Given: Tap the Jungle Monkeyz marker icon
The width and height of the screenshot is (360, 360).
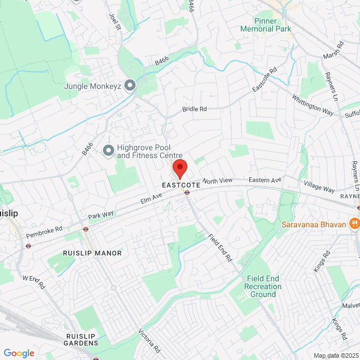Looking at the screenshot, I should point(130,85).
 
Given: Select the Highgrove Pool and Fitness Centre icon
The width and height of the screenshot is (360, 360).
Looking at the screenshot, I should point(108,150).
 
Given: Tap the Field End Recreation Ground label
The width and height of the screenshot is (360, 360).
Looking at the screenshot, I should point(263,286).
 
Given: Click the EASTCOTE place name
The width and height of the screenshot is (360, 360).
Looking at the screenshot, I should point(180,184).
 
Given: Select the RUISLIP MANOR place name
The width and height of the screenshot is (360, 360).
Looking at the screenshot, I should point(92,253).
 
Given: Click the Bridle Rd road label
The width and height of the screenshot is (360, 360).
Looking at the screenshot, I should point(195,109).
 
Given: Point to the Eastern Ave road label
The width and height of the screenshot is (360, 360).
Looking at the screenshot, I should point(264,180).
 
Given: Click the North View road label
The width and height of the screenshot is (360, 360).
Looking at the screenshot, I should point(217,181).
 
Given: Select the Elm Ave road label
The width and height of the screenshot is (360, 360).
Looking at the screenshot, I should point(151,197).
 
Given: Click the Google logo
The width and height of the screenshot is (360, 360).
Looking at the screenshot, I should point(19,353).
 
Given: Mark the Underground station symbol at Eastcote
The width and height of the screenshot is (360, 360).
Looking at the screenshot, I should point(187,192).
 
